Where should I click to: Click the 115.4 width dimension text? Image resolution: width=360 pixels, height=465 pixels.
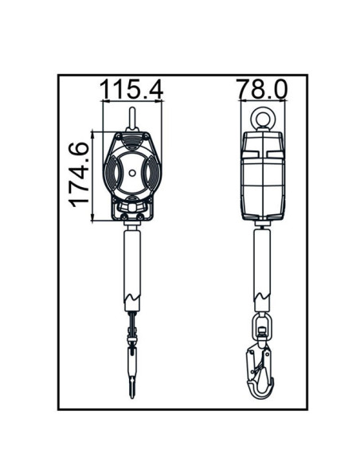[131, 89]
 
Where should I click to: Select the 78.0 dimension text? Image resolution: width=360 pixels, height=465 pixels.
[261, 89]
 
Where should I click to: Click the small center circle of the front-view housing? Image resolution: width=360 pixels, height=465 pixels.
[132, 174]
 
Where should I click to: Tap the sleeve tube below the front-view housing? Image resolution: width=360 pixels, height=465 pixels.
[132, 263]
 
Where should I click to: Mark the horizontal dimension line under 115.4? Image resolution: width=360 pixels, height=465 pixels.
[132, 103]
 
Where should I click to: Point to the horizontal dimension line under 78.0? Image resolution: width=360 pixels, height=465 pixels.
[261, 103]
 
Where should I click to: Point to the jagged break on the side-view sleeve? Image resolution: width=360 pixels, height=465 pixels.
[261, 298]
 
